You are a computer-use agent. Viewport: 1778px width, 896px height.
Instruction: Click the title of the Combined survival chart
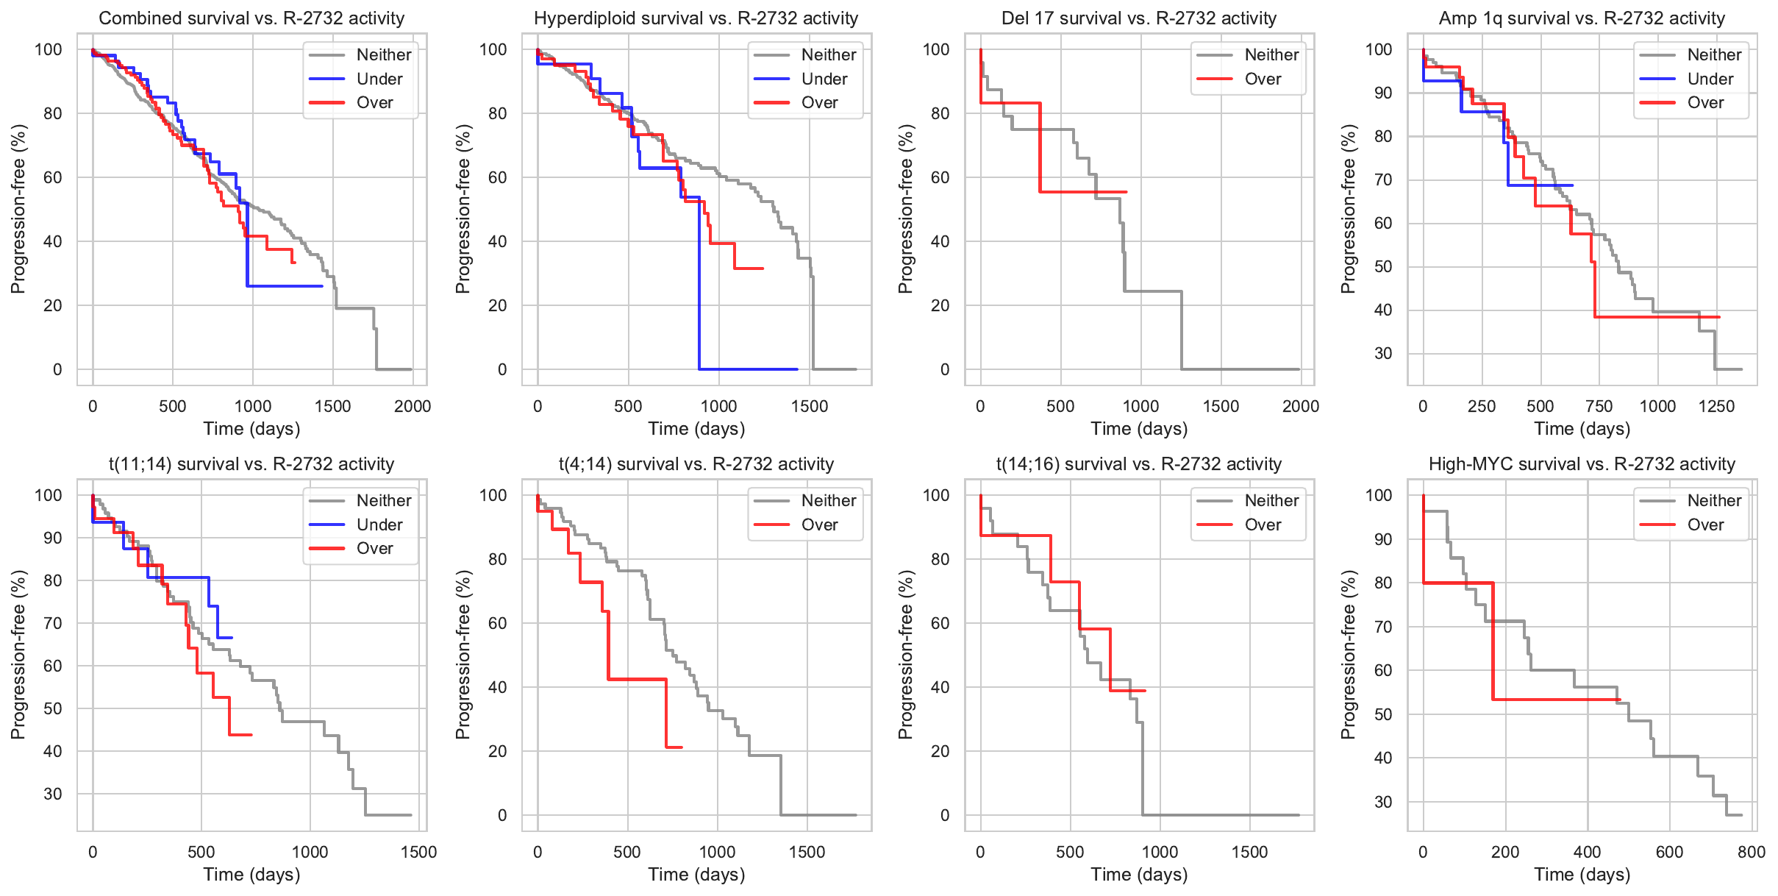[251, 18]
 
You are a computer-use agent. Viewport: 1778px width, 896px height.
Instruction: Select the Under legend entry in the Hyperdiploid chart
[824, 79]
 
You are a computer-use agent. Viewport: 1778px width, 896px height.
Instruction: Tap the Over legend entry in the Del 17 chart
[1263, 79]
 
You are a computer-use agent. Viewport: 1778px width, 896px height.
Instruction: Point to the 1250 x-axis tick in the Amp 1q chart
[1716, 406]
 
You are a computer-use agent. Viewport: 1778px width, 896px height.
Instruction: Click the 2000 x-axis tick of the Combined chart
[413, 406]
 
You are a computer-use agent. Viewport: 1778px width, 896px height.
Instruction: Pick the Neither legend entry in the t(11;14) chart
[383, 500]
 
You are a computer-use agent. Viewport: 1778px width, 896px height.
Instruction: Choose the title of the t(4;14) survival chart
[696, 464]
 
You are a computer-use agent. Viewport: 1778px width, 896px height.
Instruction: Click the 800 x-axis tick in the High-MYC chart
[1752, 852]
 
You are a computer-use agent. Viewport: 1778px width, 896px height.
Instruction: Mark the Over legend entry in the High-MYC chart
[1705, 525]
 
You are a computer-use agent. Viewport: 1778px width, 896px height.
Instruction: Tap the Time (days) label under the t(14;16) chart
[1139, 874]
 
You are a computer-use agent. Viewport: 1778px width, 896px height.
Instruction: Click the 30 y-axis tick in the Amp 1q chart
[1383, 353]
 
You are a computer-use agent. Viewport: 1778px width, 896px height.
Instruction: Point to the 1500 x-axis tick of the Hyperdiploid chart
[810, 406]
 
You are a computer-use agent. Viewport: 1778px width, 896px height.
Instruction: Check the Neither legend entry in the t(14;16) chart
[1271, 500]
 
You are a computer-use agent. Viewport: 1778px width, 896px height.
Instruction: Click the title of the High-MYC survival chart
[1582, 464]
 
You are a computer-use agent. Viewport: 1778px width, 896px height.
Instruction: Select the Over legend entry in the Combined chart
[374, 103]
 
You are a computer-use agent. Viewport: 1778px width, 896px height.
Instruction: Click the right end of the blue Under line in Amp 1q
[1572, 185]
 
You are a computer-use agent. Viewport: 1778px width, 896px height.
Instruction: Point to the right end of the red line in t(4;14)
[682, 747]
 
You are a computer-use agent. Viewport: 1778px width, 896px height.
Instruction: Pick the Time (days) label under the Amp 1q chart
[1582, 428]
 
